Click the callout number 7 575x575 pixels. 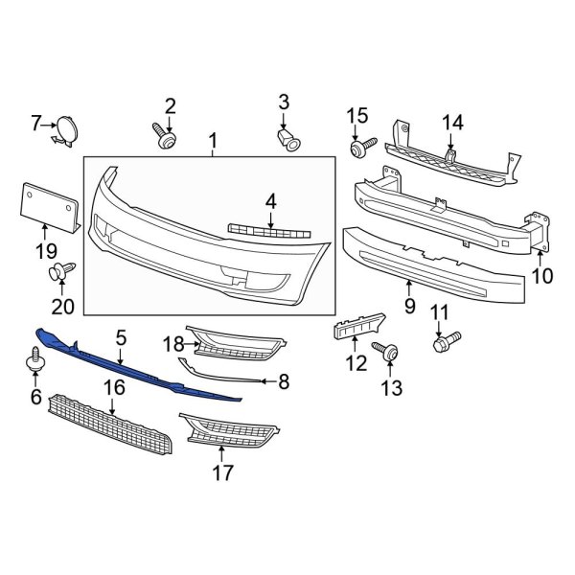[x=36, y=124]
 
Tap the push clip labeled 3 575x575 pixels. [x=287, y=140]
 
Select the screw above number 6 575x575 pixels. [x=36, y=361]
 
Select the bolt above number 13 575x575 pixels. [x=388, y=352]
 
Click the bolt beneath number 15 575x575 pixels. [x=361, y=148]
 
